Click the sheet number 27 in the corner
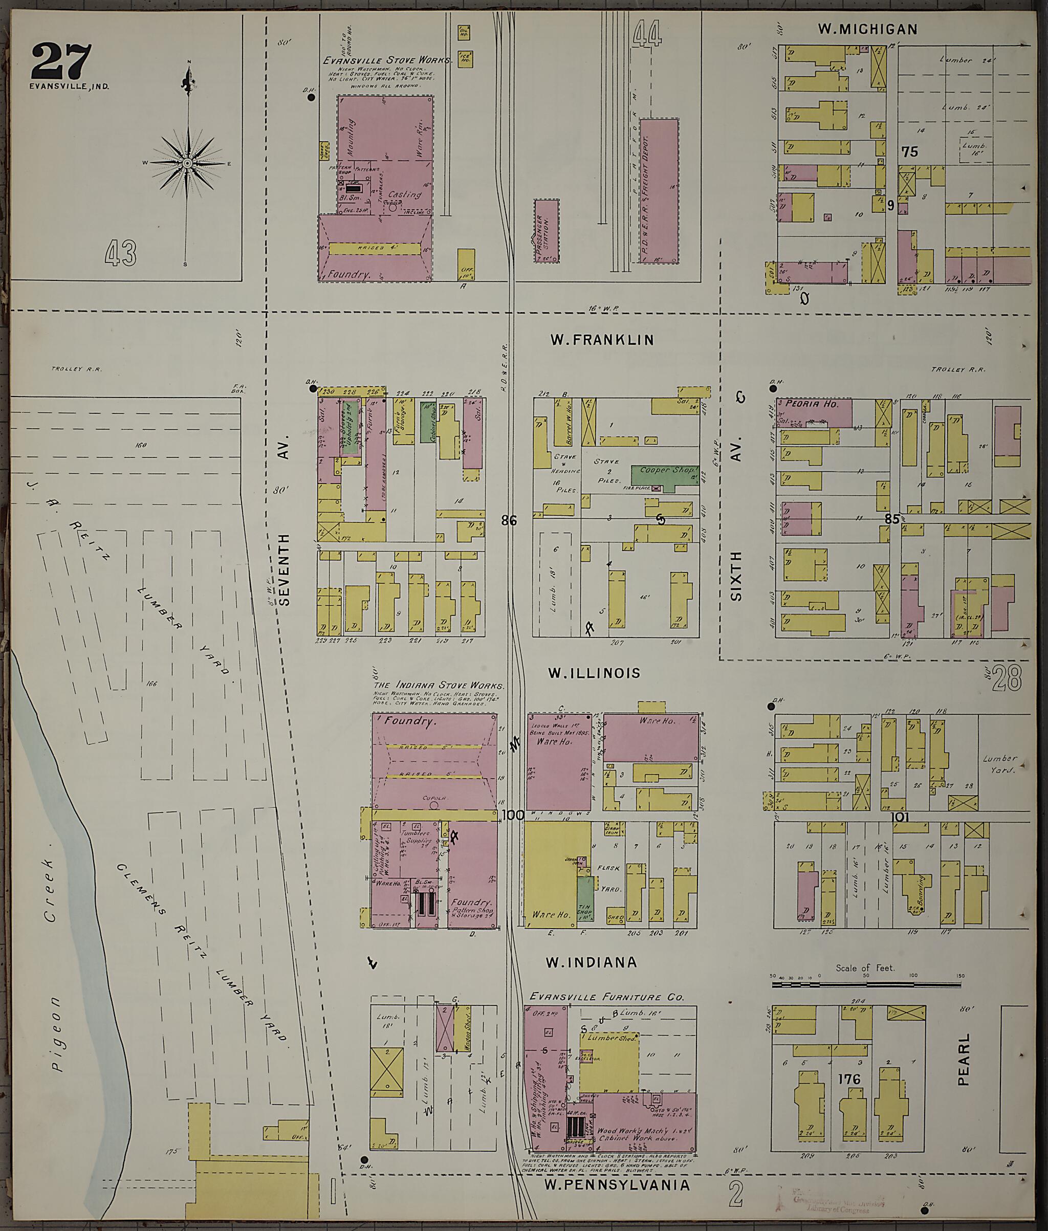click(61, 61)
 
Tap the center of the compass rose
click(188, 163)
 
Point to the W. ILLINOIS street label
click(594, 673)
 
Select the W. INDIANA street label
click(591, 963)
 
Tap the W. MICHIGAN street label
click(867, 29)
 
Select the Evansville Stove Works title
click(387, 60)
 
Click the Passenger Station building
click(546, 232)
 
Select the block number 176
click(849, 1079)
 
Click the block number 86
click(509, 521)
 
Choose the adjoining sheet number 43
click(121, 254)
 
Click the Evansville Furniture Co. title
click(606, 997)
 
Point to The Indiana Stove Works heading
click(439, 685)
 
